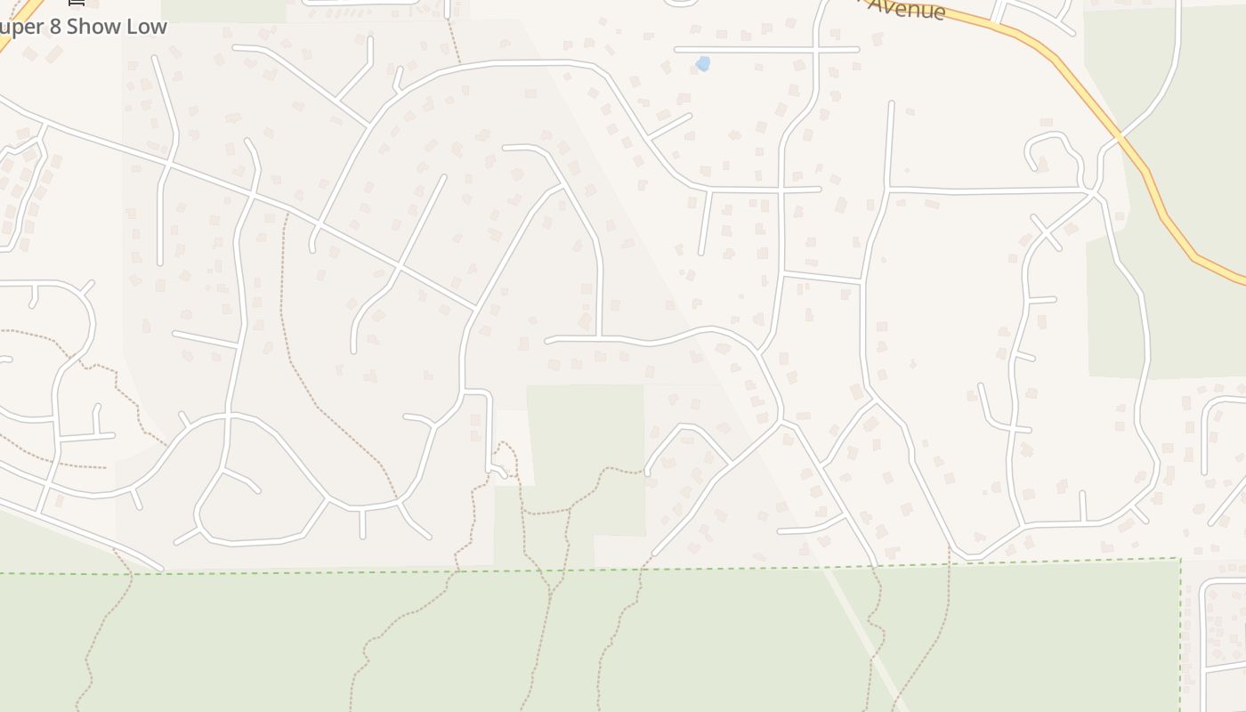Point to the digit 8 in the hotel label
click(x=53, y=27)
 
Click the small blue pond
click(x=703, y=63)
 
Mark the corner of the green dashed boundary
click(x=1180, y=559)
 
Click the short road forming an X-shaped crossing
click(x=1047, y=233)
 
